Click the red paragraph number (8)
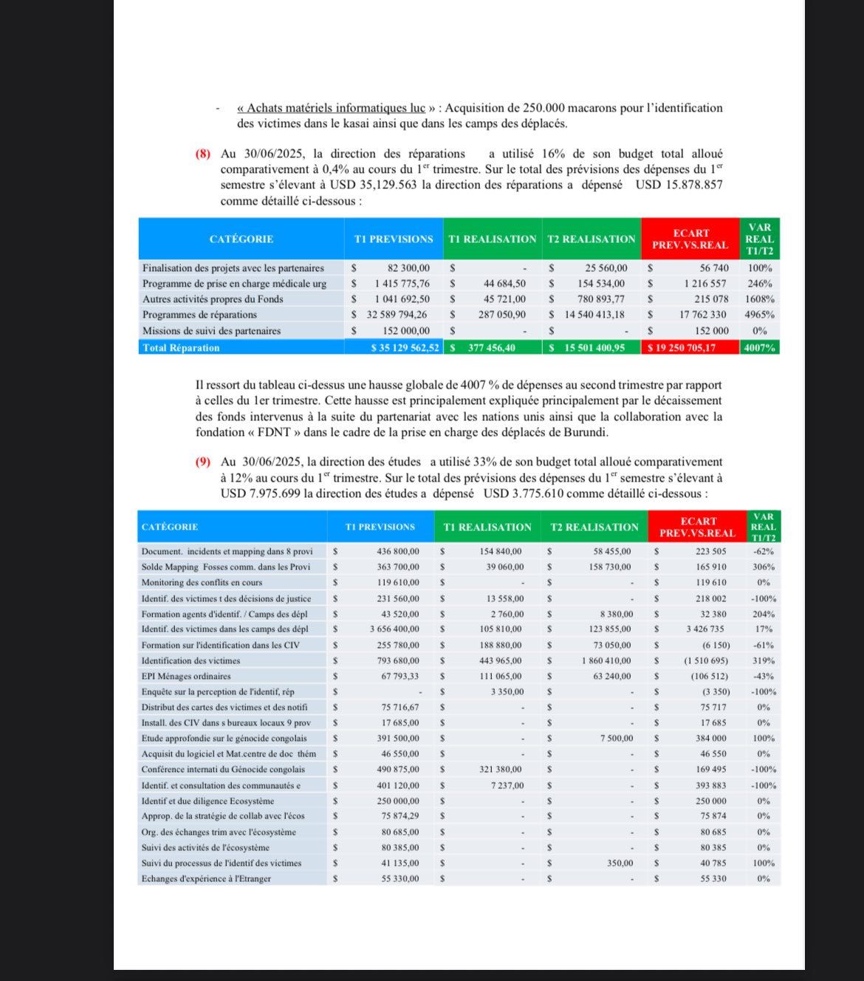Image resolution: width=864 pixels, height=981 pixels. pyautogui.click(x=202, y=154)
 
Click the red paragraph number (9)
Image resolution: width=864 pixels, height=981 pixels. pyautogui.click(x=202, y=462)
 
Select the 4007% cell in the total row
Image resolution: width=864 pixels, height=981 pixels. pyautogui.click(x=760, y=348)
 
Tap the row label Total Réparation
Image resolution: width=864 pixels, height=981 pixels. pyautogui.click(x=181, y=348)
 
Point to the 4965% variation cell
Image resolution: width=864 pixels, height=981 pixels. pyautogui.click(x=760, y=315)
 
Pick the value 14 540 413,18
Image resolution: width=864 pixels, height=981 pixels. pyautogui.click(x=594, y=315)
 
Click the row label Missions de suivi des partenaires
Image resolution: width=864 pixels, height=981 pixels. pyautogui.click(x=211, y=331)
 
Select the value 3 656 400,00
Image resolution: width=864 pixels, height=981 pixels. pyautogui.click(x=394, y=629)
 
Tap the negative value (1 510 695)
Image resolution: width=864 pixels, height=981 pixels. pyautogui.click(x=705, y=661)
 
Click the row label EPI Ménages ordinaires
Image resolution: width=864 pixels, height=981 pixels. pyautogui.click(x=186, y=677)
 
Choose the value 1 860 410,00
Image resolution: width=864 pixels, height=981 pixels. pyautogui.click(x=606, y=661)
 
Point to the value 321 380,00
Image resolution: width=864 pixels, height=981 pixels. pyautogui.click(x=500, y=770)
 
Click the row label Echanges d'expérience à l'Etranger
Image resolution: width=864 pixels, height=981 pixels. pyautogui.click(x=206, y=879)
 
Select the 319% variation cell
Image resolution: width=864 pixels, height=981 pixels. pyautogui.click(x=764, y=661)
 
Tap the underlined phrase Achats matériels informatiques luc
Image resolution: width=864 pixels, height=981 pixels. pyautogui.click(x=335, y=109)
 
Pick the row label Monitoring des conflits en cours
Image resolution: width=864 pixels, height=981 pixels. pyautogui.click(x=202, y=583)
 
